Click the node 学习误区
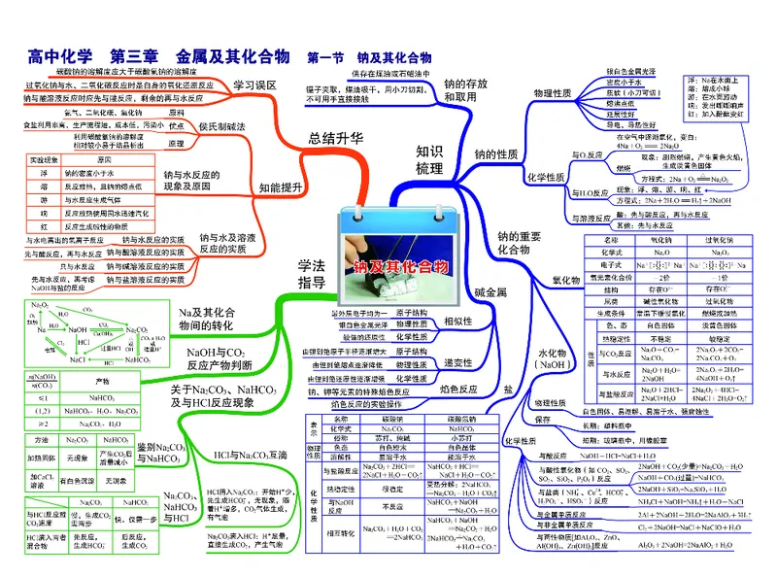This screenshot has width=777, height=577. pyautogui.click(x=255, y=85)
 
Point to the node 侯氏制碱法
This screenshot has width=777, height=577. pyautogui.click(x=222, y=126)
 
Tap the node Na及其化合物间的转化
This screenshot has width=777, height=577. pyautogui.click(x=206, y=319)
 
